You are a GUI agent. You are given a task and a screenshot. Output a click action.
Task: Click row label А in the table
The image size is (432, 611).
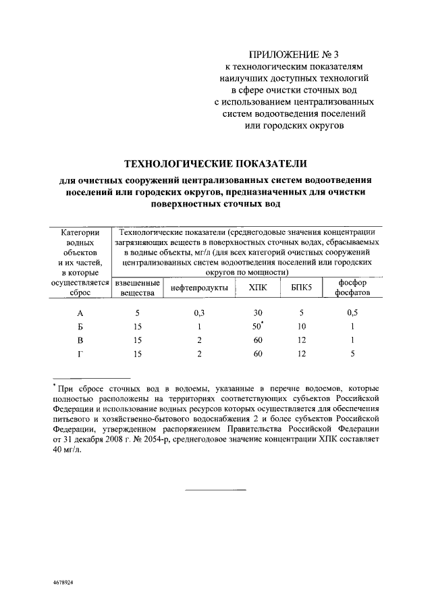click(80, 313)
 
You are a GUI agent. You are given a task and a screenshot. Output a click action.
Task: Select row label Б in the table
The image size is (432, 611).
click(80, 326)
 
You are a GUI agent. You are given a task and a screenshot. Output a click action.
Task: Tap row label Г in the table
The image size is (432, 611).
click(80, 353)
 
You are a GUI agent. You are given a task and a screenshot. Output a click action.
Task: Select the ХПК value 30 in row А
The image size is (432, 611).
click(256, 313)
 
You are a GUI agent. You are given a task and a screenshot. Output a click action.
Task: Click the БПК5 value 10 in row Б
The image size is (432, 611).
click(301, 326)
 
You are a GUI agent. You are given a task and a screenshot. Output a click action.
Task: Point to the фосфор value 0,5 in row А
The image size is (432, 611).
click(352, 313)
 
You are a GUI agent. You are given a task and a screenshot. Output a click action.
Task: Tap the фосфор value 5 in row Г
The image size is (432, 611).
click(352, 353)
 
